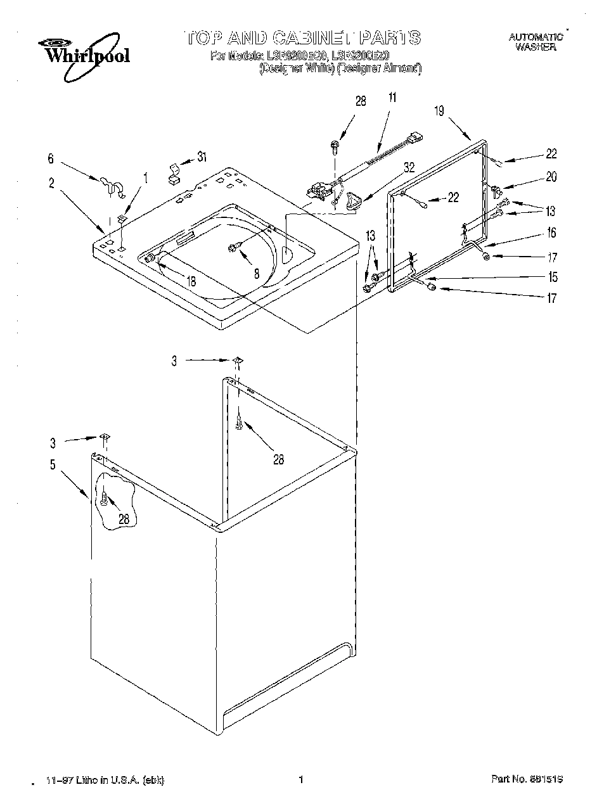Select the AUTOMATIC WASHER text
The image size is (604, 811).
[536, 42]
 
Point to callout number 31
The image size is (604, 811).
[202, 157]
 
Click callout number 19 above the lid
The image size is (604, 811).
[439, 111]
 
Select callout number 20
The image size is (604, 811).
[551, 177]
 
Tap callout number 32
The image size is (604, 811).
[409, 168]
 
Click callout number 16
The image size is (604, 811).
[551, 233]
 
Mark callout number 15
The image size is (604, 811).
[553, 277]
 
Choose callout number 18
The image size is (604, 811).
[191, 281]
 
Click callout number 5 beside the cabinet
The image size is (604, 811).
[53, 465]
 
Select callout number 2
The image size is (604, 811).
[51, 184]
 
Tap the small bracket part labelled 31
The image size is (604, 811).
[172, 173]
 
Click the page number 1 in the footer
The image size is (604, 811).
[301, 779]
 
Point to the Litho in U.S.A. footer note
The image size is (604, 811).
[105, 780]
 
